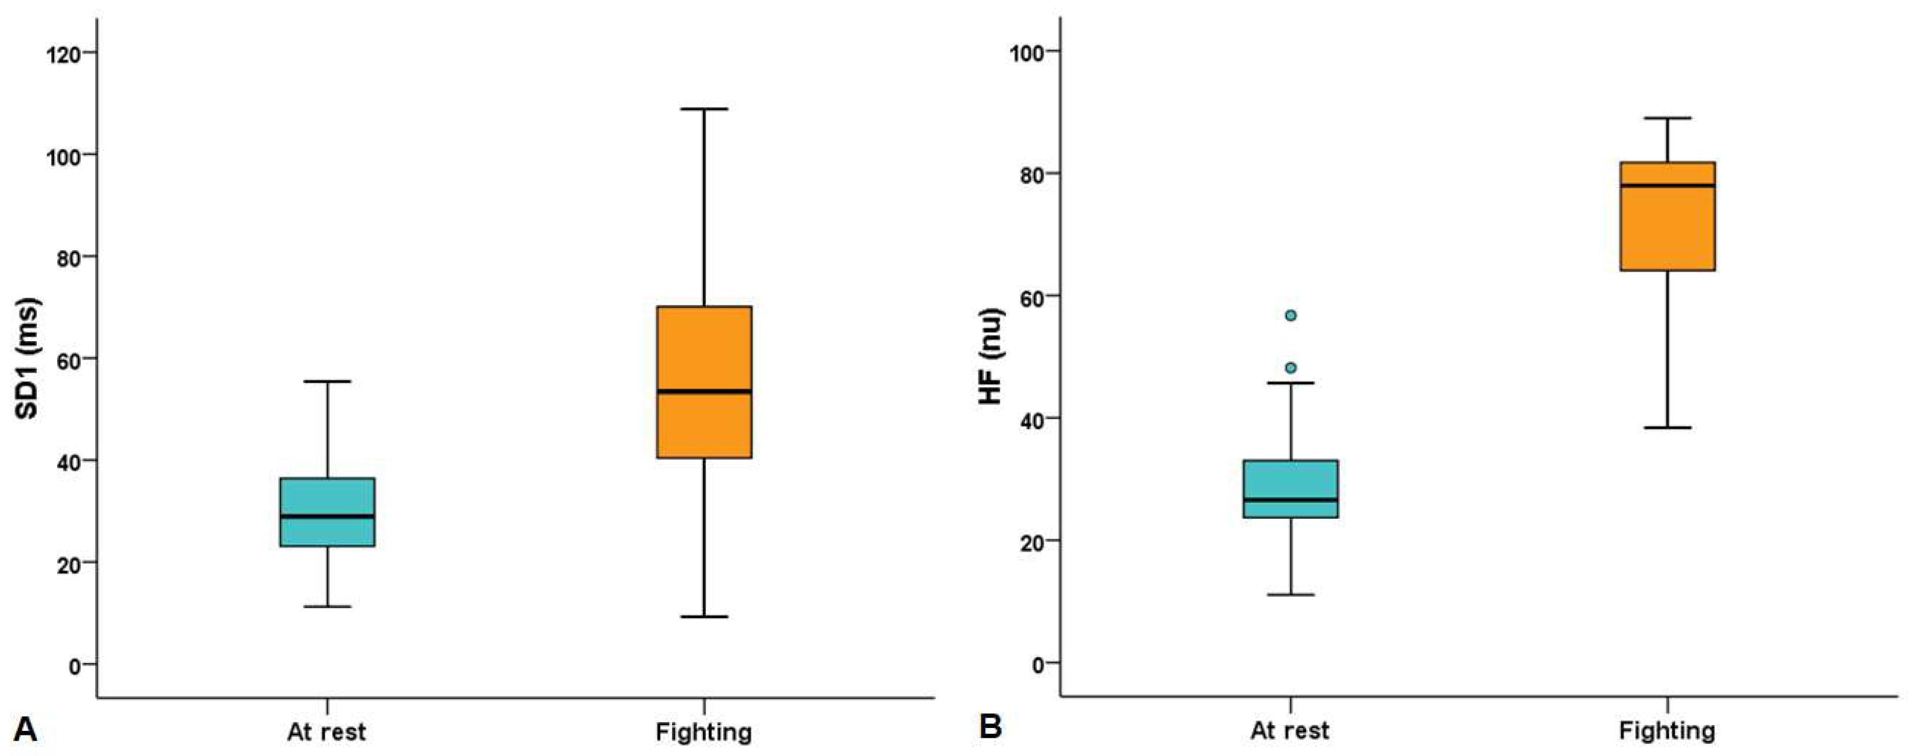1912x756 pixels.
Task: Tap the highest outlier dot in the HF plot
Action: click(1291, 315)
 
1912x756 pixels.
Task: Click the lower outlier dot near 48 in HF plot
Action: click(1291, 368)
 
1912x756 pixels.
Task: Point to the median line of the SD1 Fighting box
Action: click(704, 391)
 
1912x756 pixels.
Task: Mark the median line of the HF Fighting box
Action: click(1667, 185)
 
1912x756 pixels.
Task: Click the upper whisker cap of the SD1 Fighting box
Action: click(704, 109)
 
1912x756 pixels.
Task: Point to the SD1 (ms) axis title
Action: click(27, 358)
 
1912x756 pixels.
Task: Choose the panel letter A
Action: click(25, 729)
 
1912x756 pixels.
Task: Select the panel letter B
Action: click(990, 727)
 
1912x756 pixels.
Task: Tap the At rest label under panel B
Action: click(1290, 731)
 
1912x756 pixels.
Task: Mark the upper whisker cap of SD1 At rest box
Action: click(327, 382)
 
